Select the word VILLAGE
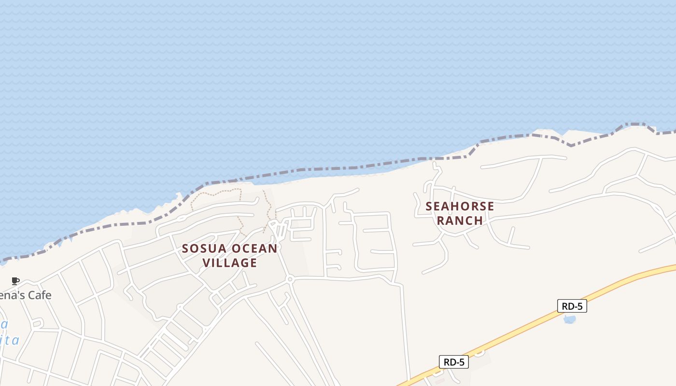coord(229,263)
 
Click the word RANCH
coord(460,221)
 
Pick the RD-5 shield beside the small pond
coord(572,306)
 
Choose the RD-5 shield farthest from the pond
coord(454,362)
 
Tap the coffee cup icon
coord(15,281)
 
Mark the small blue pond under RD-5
coord(570,319)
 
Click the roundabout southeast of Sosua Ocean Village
coord(290,279)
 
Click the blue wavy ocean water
coord(290,72)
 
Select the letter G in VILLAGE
coord(246,263)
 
